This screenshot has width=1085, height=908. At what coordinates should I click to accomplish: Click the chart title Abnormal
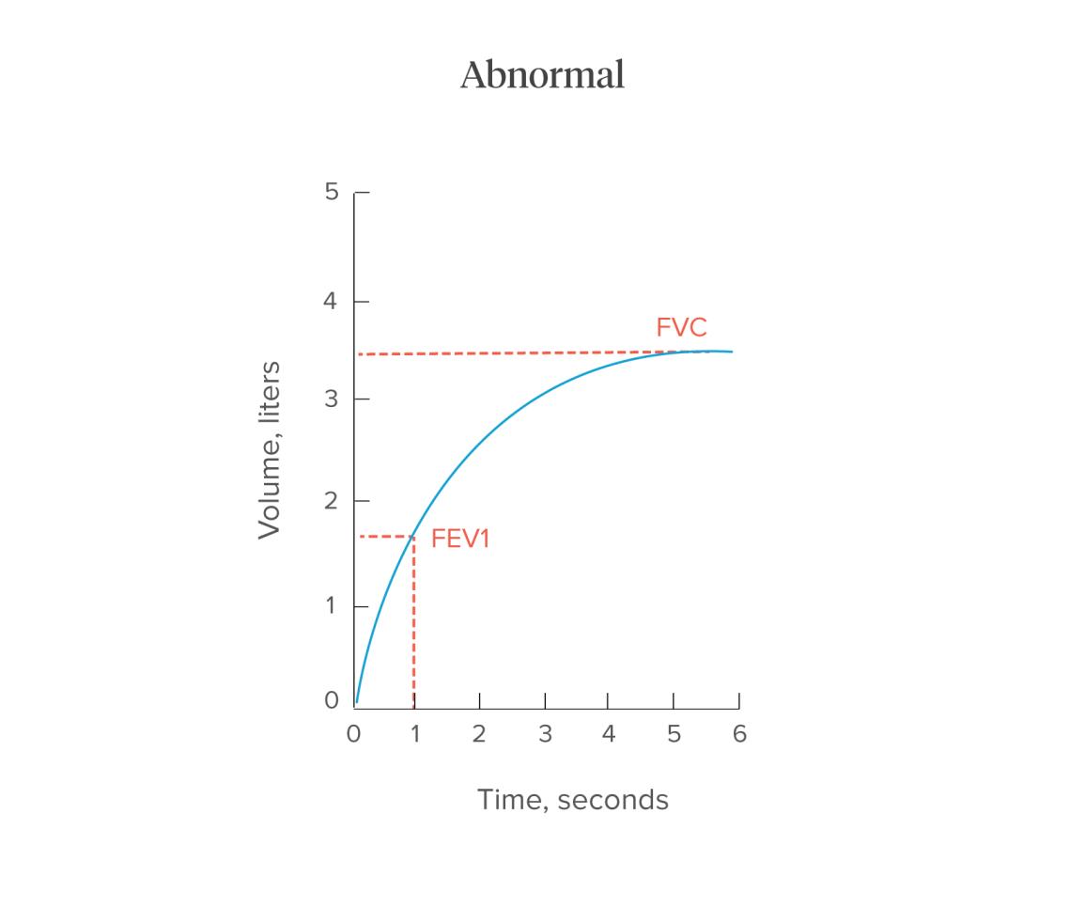pos(542,74)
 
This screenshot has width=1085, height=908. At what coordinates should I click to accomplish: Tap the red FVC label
pos(681,328)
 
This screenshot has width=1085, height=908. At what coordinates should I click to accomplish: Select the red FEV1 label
pos(460,539)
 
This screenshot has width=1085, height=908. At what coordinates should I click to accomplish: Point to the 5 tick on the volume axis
pos(330,192)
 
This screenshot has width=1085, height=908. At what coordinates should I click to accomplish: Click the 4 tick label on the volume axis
pos(330,302)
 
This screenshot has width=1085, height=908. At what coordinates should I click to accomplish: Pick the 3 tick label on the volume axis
pos(330,399)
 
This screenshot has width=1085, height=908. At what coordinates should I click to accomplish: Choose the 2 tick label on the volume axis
pos(330,500)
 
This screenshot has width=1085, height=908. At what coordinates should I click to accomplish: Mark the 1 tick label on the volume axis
pos(331,605)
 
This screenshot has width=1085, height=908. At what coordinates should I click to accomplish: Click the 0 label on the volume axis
pos(330,700)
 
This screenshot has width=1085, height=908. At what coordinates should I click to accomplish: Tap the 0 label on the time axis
pos(353,734)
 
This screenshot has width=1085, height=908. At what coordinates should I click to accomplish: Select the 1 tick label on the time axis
pos(414,734)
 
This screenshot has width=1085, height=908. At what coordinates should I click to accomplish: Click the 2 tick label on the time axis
pos(479,734)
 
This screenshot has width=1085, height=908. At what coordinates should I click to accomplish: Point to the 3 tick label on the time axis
pos(545,734)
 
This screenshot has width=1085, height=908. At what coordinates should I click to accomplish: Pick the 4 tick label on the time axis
pos(608,734)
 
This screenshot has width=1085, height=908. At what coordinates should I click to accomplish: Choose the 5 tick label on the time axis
pos(674,734)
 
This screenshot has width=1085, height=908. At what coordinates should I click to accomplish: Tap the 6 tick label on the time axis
pos(739,734)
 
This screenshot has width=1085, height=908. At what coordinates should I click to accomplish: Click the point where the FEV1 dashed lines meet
pos(413,537)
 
